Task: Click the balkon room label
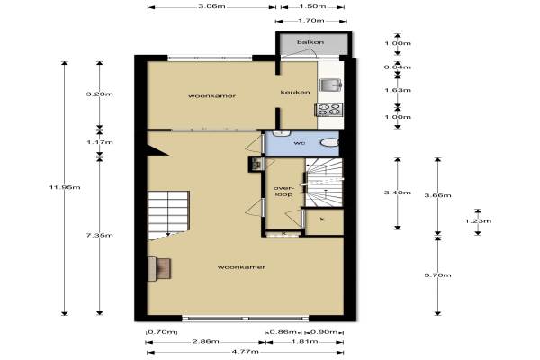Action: tap(310, 42)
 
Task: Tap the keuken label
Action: tap(295, 93)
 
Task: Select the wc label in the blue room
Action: tap(300, 143)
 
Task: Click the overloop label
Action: tap(283, 191)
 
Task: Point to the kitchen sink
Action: tap(330, 85)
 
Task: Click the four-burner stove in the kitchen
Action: tap(329, 110)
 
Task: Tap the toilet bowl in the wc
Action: tap(330, 142)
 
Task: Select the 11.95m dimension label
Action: tap(65, 187)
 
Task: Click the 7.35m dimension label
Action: tap(100, 236)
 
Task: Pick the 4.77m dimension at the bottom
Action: tap(245, 352)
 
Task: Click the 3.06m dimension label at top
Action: tap(211, 6)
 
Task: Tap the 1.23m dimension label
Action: tap(479, 221)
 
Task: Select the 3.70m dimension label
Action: tap(437, 274)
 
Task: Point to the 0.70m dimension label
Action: tap(162, 332)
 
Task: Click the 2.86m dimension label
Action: tap(205, 342)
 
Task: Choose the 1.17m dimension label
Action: tap(100, 142)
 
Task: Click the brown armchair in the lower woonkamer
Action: tap(159, 268)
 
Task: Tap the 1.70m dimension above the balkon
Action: tap(310, 21)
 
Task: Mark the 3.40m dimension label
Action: tap(398, 193)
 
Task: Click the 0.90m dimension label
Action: tap(324, 332)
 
